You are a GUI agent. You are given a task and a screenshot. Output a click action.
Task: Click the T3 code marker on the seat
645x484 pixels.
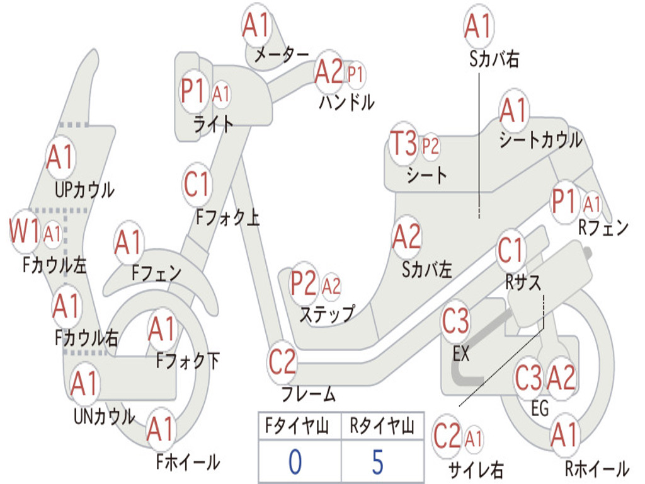(404, 144)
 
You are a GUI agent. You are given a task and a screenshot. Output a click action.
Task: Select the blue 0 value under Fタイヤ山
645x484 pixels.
(295, 461)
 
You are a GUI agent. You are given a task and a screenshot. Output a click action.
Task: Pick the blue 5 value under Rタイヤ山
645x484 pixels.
(378, 461)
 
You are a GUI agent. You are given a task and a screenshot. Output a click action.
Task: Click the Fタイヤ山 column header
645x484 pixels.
(297, 425)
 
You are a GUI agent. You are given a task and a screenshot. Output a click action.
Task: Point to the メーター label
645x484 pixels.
(282, 54)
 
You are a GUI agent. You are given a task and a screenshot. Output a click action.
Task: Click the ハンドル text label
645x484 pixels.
(347, 101)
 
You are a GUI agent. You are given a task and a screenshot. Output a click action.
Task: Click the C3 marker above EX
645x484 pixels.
(455, 321)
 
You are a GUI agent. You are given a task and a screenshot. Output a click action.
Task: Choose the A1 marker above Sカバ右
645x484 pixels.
(479, 26)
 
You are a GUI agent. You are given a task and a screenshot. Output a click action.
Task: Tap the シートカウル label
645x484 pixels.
(540, 140)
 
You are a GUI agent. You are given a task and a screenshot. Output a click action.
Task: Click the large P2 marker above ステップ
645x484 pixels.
(304, 284)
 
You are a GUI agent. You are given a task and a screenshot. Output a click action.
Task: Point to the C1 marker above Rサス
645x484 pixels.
(510, 250)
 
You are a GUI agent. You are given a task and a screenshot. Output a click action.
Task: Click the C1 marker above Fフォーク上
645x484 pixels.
(197, 185)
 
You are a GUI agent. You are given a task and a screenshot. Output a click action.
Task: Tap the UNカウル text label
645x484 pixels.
(105, 417)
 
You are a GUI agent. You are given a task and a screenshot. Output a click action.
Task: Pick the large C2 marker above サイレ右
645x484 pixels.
(447, 437)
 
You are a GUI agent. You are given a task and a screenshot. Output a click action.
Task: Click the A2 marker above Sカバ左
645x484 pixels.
(407, 237)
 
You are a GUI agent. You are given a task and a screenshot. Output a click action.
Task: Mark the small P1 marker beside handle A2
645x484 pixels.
(355, 75)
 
